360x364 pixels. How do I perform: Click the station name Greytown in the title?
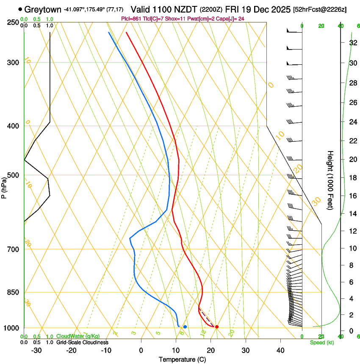(43, 9)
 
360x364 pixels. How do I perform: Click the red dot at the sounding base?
(217, 327)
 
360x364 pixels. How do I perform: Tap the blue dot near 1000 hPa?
(185, 327)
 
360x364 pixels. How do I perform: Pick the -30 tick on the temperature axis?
(36, 350)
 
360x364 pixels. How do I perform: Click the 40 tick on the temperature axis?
(280, 350)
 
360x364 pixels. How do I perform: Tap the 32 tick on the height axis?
(352, 43)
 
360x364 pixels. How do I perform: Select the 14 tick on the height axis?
(352, 214)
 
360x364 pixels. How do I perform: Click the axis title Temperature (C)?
(182, 359)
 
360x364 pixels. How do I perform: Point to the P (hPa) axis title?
(4, 185)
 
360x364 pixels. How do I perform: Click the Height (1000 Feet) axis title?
(330, 180)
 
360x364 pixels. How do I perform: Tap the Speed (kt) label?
(321, 342)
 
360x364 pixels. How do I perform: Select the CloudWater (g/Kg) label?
(78, 336)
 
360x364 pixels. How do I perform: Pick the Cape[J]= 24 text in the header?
(232, 19)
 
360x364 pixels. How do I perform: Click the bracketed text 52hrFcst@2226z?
(319, 9)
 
